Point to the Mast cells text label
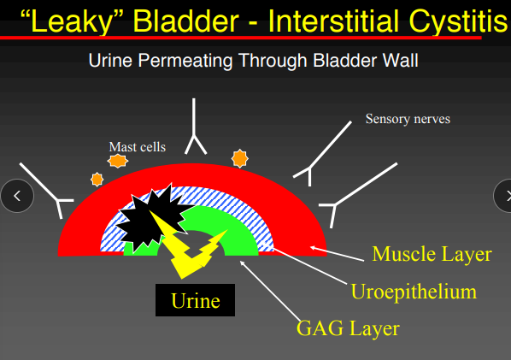click(x=137, y=146)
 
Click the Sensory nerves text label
click(x=408, y=119)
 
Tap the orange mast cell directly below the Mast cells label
click(x=118, y=160)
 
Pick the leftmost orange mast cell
click(x=97, y=179)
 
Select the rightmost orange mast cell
click(x=240, y=157)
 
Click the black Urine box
click(x=194, y=300)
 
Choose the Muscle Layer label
click(x=432, y=254)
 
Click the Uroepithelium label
click(x=413, y=291)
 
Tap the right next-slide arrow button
click(x=502, y=195)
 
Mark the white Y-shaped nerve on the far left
click(x=46, y=189)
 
